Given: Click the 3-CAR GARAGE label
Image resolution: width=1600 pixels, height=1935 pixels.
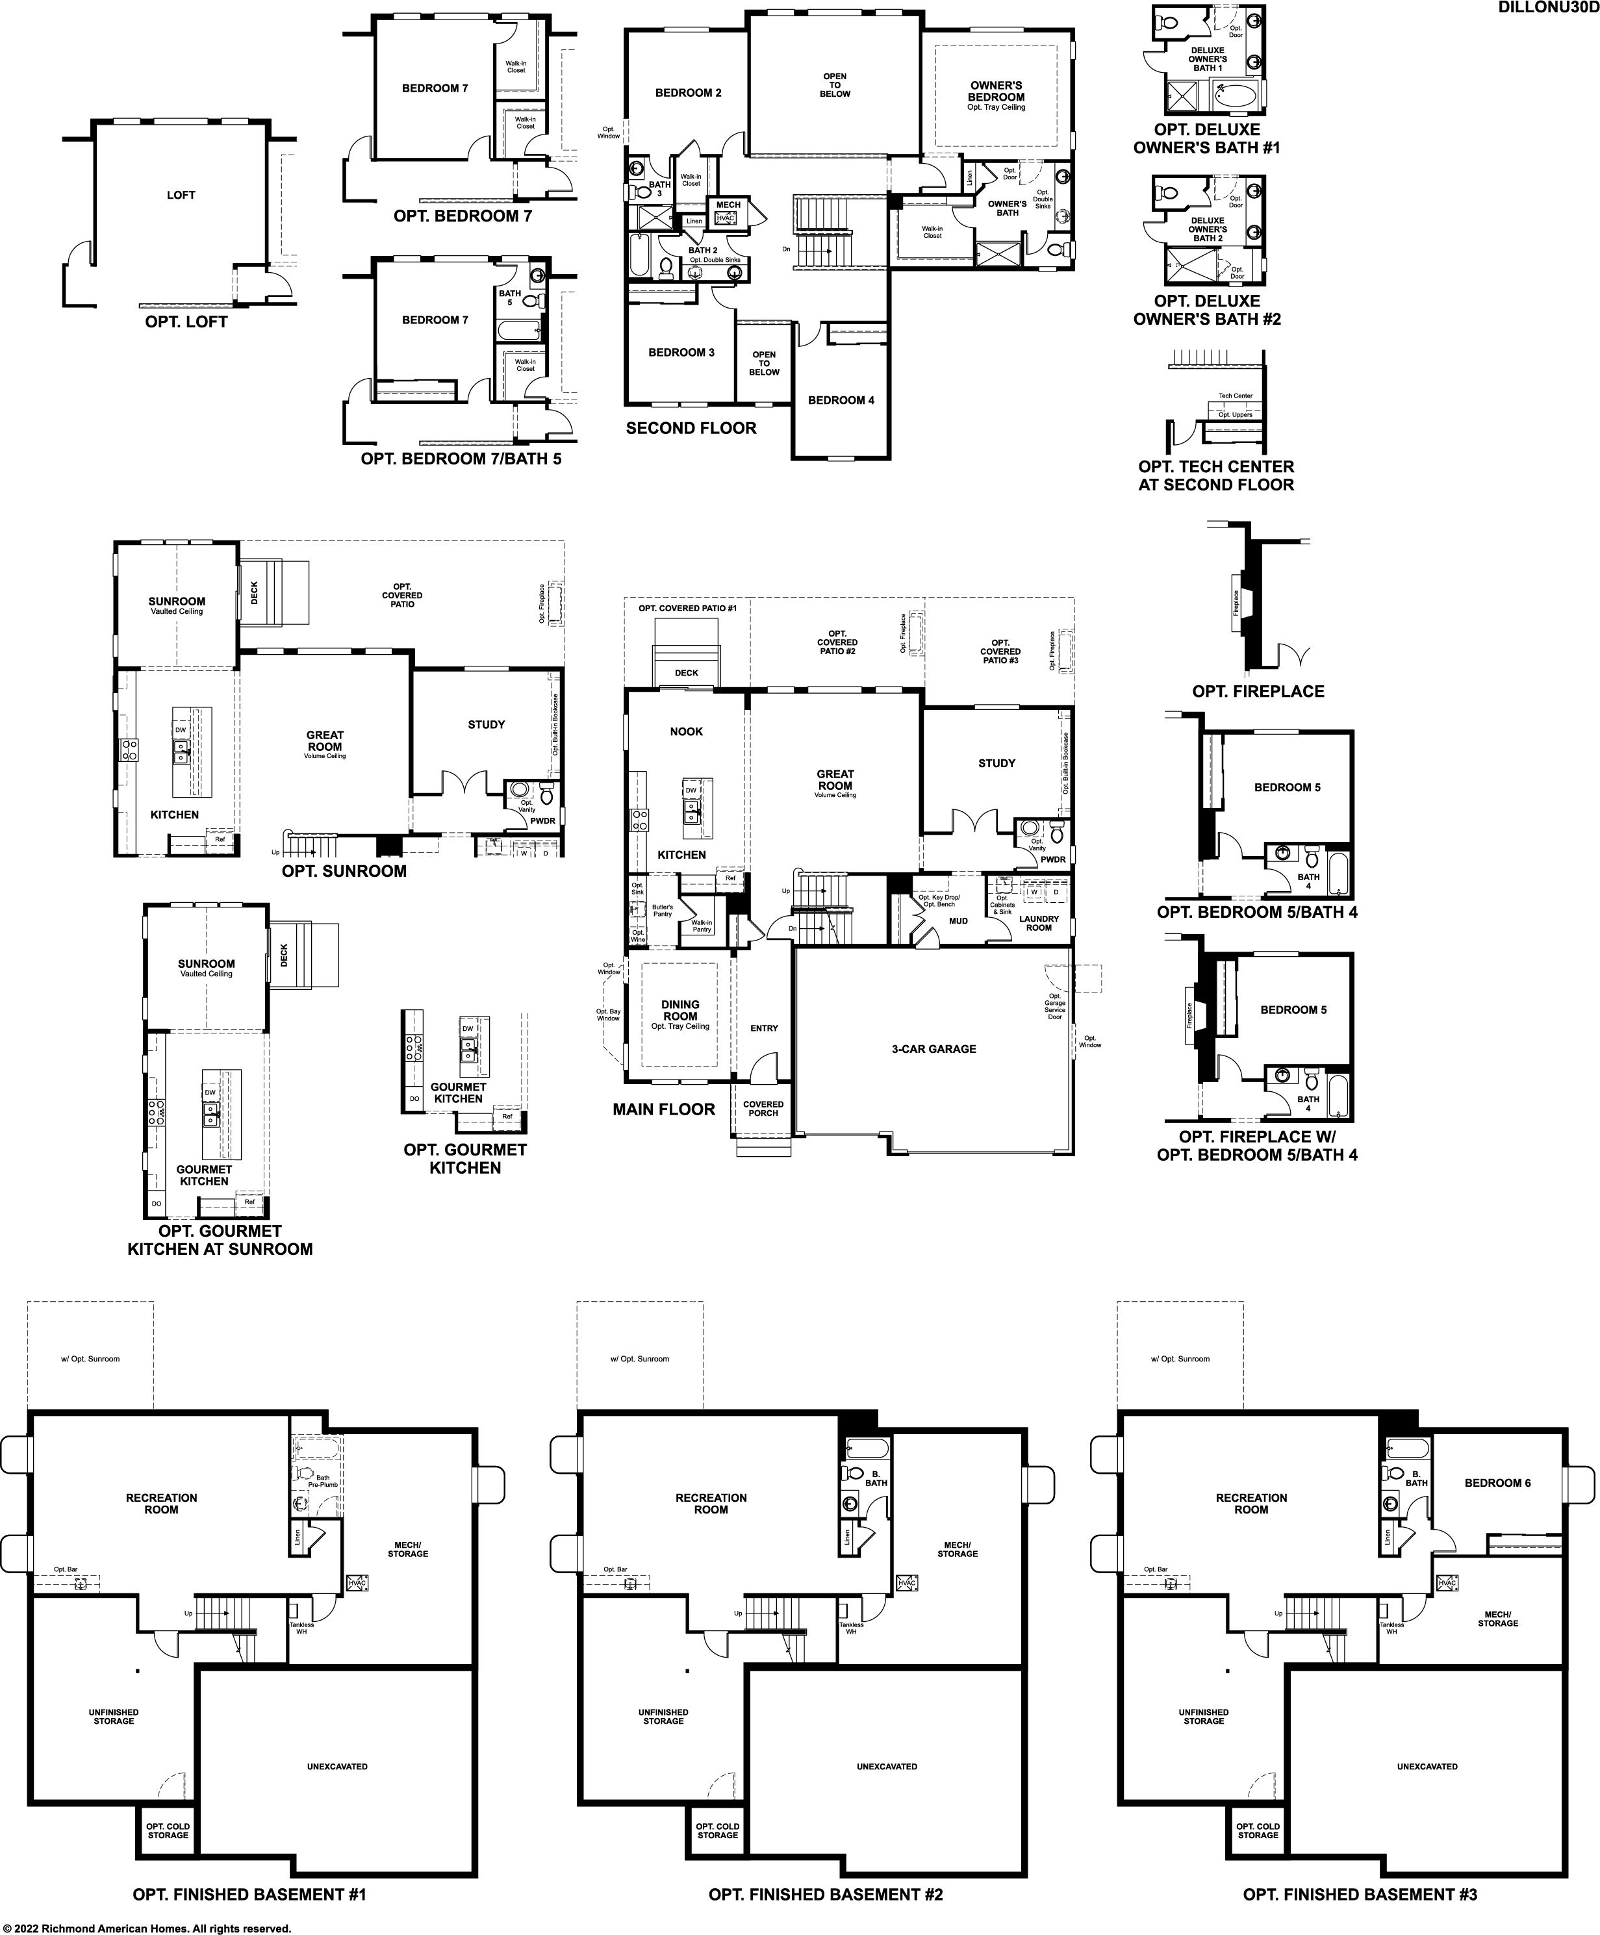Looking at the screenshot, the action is (933, 1048).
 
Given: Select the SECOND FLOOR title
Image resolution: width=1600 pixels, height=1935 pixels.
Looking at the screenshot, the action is (691, 429).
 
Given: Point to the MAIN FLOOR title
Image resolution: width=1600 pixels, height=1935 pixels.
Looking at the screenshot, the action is (664, 1109).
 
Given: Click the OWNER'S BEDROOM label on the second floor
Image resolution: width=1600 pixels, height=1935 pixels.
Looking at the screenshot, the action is (997, 91).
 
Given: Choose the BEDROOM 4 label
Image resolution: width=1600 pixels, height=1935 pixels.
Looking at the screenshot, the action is (841, 400).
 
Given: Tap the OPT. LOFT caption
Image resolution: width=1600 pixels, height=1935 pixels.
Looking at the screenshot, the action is (186, 322).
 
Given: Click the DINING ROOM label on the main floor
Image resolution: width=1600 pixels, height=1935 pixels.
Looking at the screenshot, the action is (680, 1011).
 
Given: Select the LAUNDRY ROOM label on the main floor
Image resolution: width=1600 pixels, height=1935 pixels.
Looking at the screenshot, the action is (1039, 923).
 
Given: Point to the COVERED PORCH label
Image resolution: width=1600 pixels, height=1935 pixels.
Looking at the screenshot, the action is (763, 1109).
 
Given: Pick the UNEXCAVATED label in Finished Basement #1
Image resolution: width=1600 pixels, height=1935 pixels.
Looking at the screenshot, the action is (337, 1766).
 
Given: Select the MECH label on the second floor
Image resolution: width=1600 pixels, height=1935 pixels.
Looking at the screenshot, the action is (728, 205).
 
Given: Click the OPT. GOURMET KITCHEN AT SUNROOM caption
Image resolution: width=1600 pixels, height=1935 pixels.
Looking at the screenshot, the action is (220, 1240).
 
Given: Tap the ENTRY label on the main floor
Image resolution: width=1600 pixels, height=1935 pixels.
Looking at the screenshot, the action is (764, 1028).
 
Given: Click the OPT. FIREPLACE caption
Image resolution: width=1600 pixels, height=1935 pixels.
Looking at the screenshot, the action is (1258, 691).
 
